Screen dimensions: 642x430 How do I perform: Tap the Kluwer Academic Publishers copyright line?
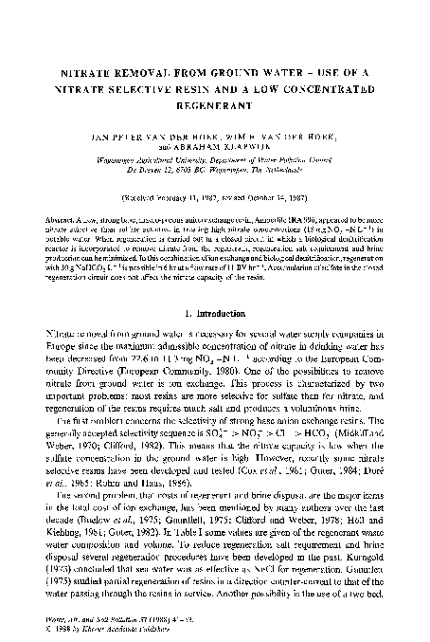tap(96, 629)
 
